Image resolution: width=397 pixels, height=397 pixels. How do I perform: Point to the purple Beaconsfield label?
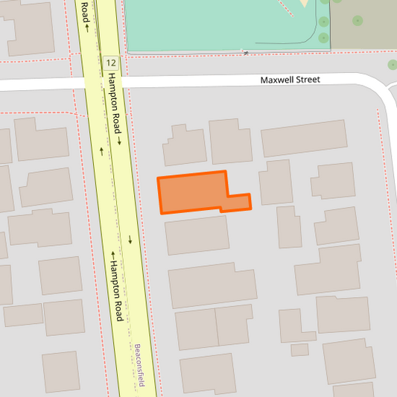click(139, 365)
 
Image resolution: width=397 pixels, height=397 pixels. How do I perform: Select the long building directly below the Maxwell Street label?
click(304, 138)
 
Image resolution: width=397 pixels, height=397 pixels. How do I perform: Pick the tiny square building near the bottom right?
click(299, 349)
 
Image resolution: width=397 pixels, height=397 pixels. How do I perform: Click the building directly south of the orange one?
click(197, 235)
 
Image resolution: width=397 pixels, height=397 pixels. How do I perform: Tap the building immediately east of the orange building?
click(276, 182)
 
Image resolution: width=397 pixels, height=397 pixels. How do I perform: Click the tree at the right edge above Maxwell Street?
click(393, 65)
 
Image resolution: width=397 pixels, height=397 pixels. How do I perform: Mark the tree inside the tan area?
click(358, 21)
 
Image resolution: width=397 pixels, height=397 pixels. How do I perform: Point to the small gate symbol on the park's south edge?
click(245, 52)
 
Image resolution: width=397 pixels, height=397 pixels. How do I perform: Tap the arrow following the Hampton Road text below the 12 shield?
click(118, 141)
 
